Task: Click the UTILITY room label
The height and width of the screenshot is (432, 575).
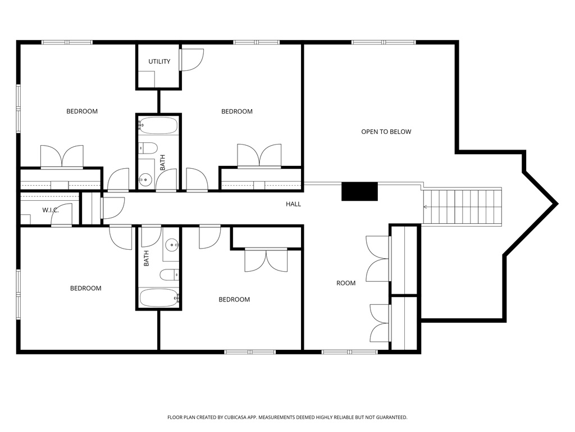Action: (159, 61)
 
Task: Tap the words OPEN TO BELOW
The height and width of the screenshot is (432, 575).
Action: (386, 132)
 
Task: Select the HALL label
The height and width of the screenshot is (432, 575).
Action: (293, 204)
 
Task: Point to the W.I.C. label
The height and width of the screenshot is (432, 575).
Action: (51, 210)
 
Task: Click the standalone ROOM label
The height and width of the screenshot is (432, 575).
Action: (346, 283)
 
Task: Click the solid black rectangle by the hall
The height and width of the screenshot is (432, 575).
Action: (360, 192)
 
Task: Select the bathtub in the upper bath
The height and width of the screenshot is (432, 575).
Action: (158, 125)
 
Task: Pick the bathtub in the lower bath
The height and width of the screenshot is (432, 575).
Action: (159, 298)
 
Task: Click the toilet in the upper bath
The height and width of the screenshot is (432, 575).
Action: (149, 148)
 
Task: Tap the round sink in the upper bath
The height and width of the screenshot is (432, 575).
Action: (145, 180)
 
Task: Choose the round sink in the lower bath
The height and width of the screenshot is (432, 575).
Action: (172, 245)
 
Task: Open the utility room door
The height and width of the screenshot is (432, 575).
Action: (191, 60)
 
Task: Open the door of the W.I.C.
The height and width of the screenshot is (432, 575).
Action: (63, 215)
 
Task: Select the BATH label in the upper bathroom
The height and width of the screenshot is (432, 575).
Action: (163, 163)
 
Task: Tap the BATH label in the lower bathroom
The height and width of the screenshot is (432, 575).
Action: (147, 258)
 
